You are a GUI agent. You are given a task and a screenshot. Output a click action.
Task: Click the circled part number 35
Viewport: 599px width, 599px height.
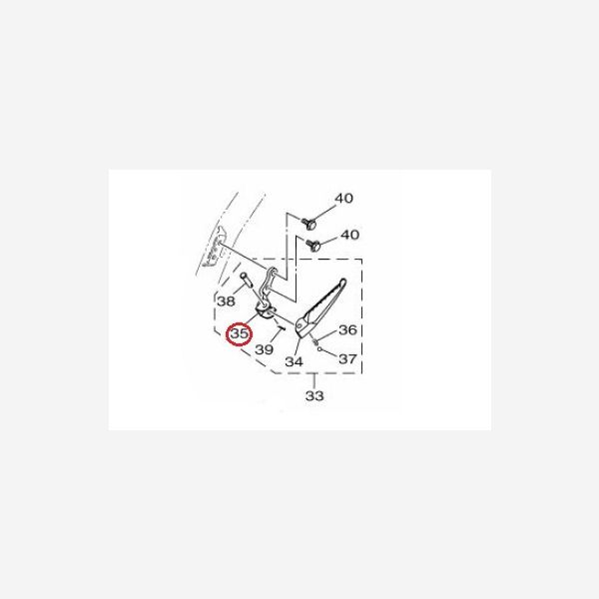[240, 333]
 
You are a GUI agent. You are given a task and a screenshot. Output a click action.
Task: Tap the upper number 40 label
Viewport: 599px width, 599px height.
[343, 199]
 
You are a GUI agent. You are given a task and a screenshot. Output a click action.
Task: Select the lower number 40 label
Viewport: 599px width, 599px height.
[349, 235]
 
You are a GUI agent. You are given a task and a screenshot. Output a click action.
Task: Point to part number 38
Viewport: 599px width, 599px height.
[226, 301]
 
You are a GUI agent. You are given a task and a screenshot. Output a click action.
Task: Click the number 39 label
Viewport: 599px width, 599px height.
[264, 349]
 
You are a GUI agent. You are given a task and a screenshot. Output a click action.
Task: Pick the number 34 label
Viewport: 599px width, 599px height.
[294, 361]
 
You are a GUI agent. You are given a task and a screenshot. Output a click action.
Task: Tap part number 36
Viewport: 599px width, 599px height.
[347, 329]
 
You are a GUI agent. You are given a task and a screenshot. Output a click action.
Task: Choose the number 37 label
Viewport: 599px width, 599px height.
[347, 358]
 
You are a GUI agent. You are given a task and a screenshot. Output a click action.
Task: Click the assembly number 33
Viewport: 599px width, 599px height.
[314, 395]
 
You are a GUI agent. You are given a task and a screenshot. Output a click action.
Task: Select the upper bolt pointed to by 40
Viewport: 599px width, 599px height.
[308, 223]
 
